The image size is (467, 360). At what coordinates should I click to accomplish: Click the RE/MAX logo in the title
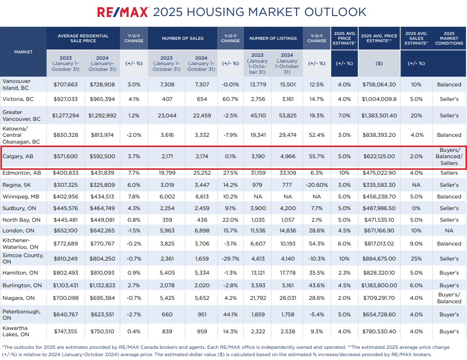(123, 12)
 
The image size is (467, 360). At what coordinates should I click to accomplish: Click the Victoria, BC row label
(18, 99)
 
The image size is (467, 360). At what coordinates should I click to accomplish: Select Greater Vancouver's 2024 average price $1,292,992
(102, 116)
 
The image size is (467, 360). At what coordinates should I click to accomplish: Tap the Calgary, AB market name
(18, 157)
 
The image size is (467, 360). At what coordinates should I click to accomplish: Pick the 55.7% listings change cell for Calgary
(317, 157)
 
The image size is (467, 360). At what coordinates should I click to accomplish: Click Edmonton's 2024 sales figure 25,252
(200, 173)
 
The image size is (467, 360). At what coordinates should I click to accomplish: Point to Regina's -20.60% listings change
(317, 185)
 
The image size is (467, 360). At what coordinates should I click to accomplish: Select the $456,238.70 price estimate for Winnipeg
(379, 196)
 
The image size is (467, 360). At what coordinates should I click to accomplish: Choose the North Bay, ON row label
(19, 219)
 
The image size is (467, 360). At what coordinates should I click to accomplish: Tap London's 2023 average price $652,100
(66, 231)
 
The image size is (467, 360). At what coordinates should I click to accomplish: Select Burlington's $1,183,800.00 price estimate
(379, 286)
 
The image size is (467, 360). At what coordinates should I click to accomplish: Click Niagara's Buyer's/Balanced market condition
(449, 298)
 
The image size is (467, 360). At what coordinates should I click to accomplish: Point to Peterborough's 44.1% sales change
(230, 314)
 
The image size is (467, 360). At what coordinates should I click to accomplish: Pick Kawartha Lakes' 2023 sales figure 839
(167, 331)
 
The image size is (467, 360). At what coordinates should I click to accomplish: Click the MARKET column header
(23, 51)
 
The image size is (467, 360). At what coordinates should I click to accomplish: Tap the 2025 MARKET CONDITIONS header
(449, 38)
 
